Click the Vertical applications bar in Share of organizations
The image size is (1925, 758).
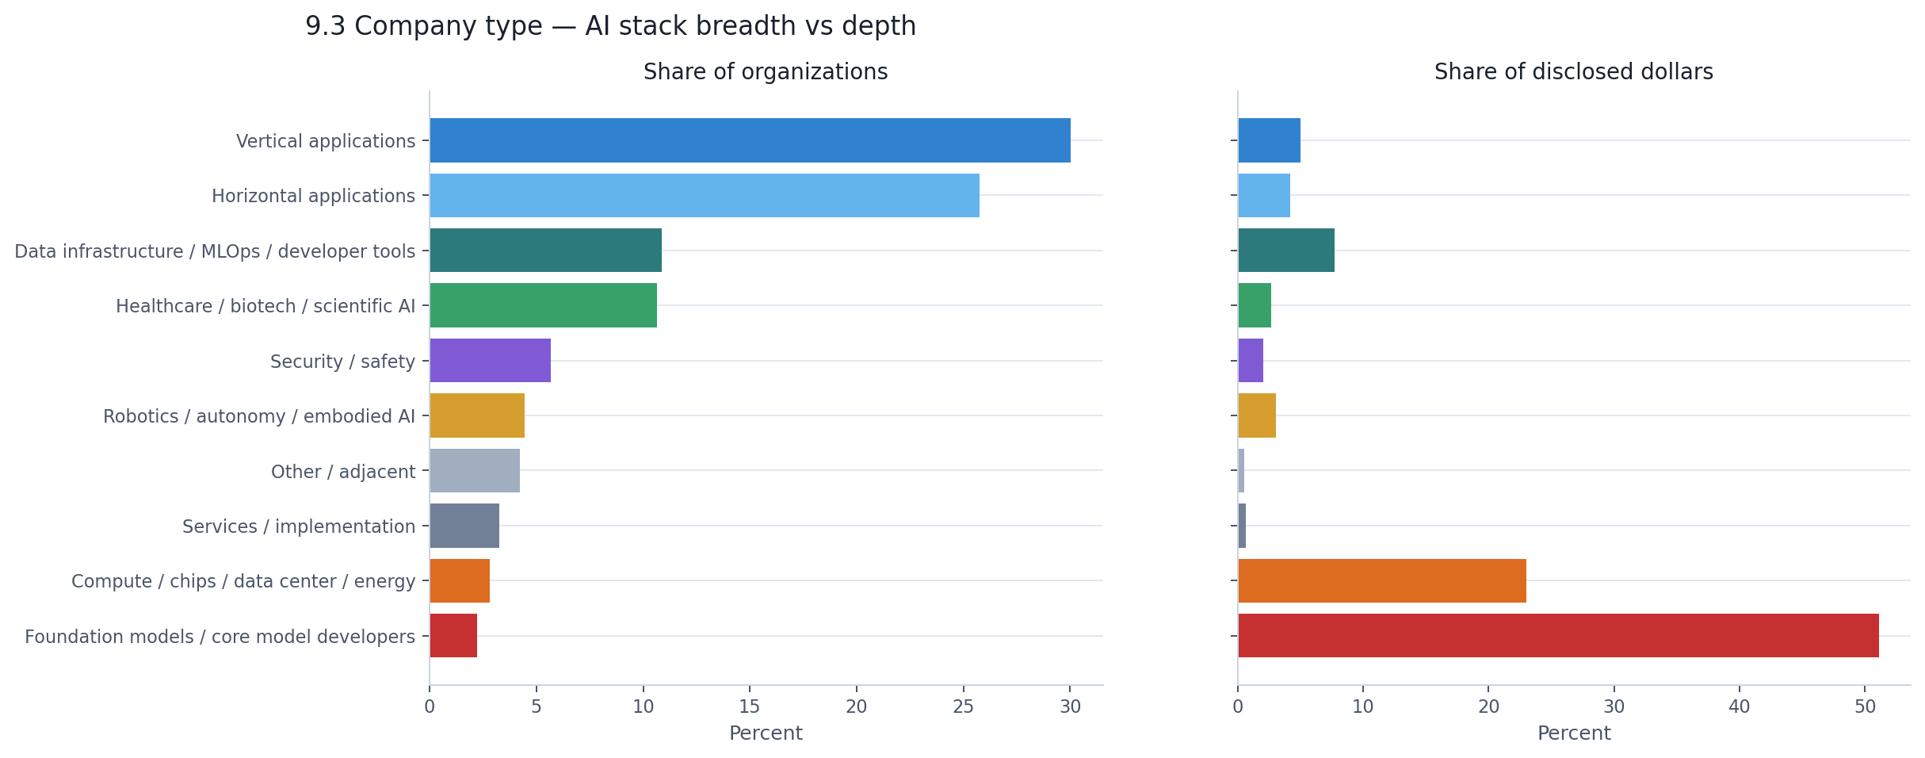(x=750, y=140)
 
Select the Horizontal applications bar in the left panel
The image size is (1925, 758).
(x=705, y=195)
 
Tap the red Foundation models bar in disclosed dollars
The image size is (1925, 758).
(x=1558, y=635)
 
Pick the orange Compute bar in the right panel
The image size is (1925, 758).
(x=1382, y=580)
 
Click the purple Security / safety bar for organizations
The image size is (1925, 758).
(x=490, y=361)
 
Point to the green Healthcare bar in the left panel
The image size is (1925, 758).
(x=543, y=305)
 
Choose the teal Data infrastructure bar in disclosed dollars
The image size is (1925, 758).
(x=1286, y=251)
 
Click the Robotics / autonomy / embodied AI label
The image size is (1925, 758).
(x=259, y=416)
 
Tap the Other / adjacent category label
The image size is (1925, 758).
(x=342, y=472)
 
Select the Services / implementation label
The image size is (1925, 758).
(x=299, y=526)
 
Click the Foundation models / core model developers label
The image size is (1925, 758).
(x=220, y=637)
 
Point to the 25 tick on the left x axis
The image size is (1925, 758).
(x=963, y=706)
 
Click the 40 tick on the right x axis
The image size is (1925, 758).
(x=1740, y=706)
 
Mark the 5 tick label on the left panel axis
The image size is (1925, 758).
(x=537, y=706)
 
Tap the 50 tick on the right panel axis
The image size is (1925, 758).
(x=1865, y=706)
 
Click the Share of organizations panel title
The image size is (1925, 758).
(x=766, y=72)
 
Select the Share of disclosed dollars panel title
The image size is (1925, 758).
(x=1573, y=72)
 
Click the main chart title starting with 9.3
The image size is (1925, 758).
(x=610, y=26)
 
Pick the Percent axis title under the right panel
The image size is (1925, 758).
(x=1573, y=733)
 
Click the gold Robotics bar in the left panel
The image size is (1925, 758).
(x=477, y=415)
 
